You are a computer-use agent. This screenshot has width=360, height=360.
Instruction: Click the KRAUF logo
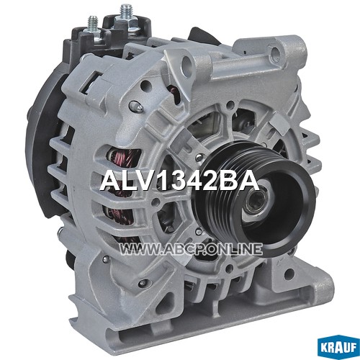pyautogui.click(x=338, y=348)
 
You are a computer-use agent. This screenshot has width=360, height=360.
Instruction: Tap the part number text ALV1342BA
pyautogui.click(x=180, y=181)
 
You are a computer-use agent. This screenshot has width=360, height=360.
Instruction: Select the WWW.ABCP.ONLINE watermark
pyautogui.click(x=191, y=248)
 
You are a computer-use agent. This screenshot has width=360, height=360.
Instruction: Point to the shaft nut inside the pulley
pyautogui.click(x=255, y=199)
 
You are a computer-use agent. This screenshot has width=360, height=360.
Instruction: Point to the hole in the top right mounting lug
pyautogui.click(x=275, y=51)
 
